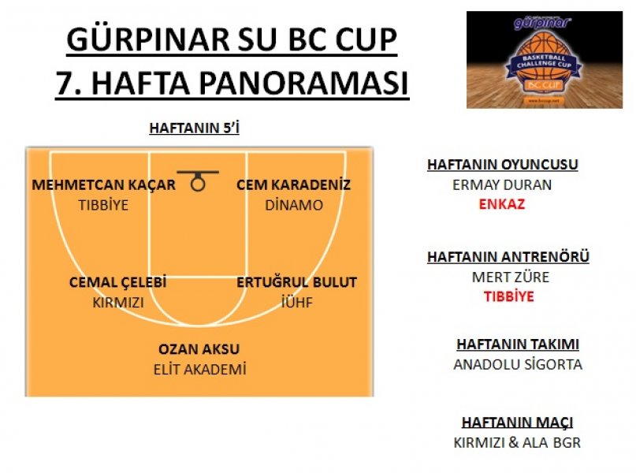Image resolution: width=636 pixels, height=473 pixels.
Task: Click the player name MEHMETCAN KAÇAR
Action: click(x=103, y=184)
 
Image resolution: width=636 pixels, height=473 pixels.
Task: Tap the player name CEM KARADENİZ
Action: click(x=293, y=184)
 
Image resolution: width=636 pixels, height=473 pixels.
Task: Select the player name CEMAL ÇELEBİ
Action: click(x=117, y=282)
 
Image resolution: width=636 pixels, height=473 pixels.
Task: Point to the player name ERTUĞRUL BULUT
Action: click(x=296, y=282)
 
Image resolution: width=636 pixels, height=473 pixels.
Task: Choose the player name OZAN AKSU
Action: click(x=199, y=349)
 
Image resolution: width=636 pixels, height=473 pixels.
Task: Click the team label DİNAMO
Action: click(x=294, y=205)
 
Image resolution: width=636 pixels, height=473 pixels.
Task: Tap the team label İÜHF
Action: click(x=297, y=302)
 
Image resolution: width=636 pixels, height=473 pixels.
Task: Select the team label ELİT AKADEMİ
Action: click(x=199, y=369)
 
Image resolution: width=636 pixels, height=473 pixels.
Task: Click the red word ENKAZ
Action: click(x=502, y=203)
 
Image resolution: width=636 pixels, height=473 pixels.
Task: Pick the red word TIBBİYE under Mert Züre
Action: click(x=508, y=296)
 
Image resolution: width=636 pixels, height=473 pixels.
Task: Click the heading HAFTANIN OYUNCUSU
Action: click(x=503, y=164)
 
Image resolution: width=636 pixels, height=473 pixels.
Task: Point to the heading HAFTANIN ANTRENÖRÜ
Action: click(x=508, y=256)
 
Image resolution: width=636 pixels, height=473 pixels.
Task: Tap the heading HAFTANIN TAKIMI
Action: click(x=518, y=344)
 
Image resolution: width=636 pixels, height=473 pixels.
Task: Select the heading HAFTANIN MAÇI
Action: click(x=517, y=423)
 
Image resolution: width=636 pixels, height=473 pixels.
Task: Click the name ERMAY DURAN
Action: click(x=502, y=184)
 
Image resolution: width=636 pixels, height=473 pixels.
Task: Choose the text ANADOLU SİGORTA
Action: click(x=518, y=364)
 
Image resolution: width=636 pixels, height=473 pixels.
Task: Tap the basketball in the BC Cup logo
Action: click(x=543, y=61)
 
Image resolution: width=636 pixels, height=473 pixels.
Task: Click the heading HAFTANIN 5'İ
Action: click(x=195, y=128)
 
